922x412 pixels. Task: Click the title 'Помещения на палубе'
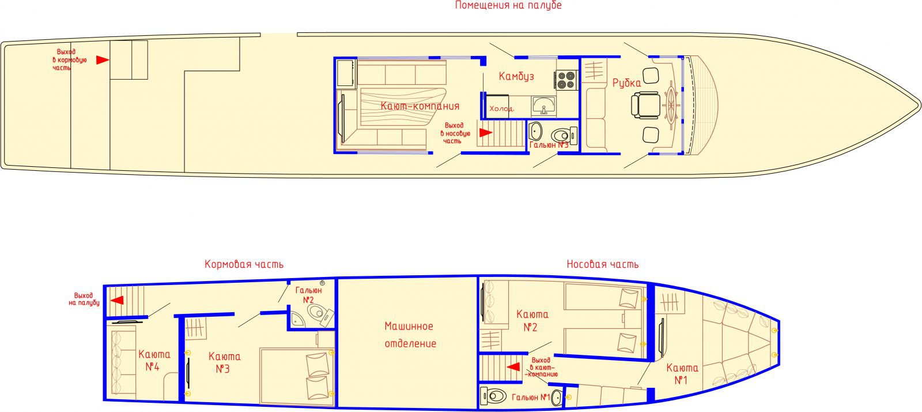[x=508, y=5]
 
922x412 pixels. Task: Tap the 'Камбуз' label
[x=516, y=76]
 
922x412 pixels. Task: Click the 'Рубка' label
[x=626, y=83]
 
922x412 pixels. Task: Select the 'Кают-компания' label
[x=420, y=106]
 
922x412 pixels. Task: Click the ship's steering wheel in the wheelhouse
[x=671, y=103]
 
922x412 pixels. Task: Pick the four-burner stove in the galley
[x=565, y=80]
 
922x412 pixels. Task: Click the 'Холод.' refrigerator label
[x=502, y=108]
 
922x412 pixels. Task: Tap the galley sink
[x=544, y=106]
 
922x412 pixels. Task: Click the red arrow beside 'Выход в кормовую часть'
[x=103, y=60]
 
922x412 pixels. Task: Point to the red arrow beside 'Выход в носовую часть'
[x=486, y=133]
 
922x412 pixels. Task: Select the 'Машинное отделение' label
[x=410, y=335]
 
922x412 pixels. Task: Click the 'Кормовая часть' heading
[x=244, y=264]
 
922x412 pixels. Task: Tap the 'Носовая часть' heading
[x=603, y=264]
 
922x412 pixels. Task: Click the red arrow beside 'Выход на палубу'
[x=118, y=300]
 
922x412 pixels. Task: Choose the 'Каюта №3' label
[x=224, y=362]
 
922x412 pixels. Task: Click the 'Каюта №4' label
[x=154, y=361]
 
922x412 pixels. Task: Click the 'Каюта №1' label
[x=682, y=374]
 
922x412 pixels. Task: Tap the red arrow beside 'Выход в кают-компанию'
[x=513, y=366]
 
